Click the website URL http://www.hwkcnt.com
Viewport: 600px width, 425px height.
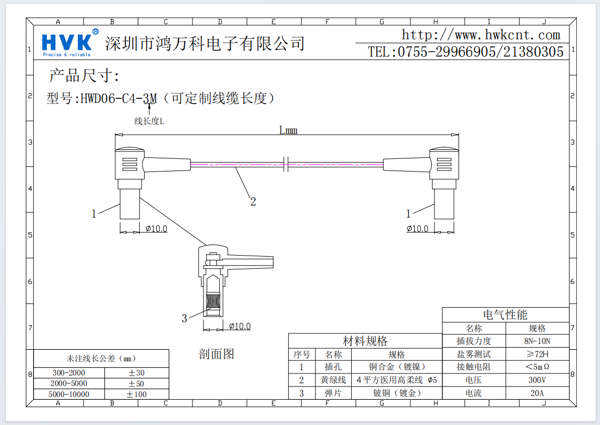[481, 35]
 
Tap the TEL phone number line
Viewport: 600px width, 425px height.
[466, 52]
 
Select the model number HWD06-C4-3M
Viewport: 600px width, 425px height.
[119, 98]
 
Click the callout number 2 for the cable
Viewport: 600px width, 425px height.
[253, 201]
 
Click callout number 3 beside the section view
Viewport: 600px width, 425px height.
[184, 318]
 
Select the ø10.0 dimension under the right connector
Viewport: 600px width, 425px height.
[418, 228]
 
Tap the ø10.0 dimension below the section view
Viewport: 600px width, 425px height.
[240, 326]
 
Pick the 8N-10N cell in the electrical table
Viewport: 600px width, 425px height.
[537, 341]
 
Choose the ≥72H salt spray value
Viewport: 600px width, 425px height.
[537, 354]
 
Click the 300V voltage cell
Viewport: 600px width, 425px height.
[537, 380]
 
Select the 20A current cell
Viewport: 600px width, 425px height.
[537, 393]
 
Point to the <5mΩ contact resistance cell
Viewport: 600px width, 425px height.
[537, 367]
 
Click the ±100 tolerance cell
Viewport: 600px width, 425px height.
[136, 394]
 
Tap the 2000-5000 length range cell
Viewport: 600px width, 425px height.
[69, 383]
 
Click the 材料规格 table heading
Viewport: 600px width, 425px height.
[365, 341]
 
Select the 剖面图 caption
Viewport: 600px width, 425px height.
[216, 354]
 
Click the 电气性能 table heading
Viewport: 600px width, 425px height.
[505, 315]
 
